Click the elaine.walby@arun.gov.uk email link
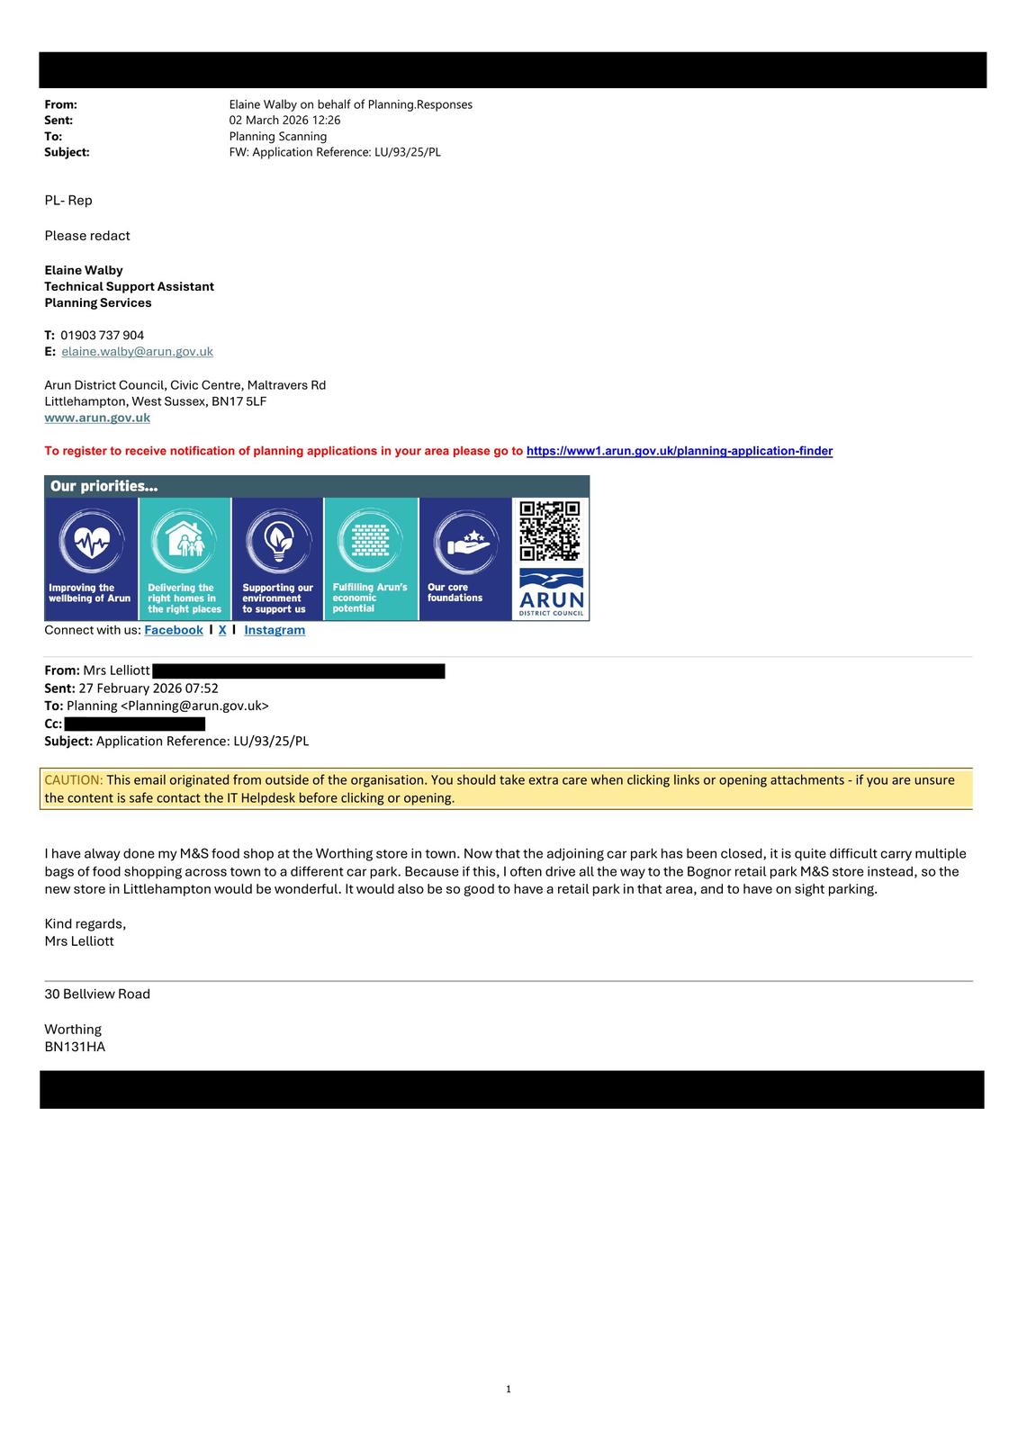click(x=137, y=352)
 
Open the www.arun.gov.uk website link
click(x=97, y=418)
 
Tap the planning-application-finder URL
click(x=679, y=451)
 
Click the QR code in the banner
click(x=550, y=531)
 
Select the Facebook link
click(x=174, y=630)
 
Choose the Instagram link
click(x=275, y=630)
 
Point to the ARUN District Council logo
click(x=551, y=593)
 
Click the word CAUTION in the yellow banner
click(x=74, y=780)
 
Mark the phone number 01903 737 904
click(x=102, y=336)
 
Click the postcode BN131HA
click(x=75, y=1047)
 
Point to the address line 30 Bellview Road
click(x=97, y=994)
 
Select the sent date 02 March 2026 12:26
click(x=284, y=121)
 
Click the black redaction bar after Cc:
click(x=135, y=724)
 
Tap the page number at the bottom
click(x=509, y=1390)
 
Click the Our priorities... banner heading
click(x=104, y=487)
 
